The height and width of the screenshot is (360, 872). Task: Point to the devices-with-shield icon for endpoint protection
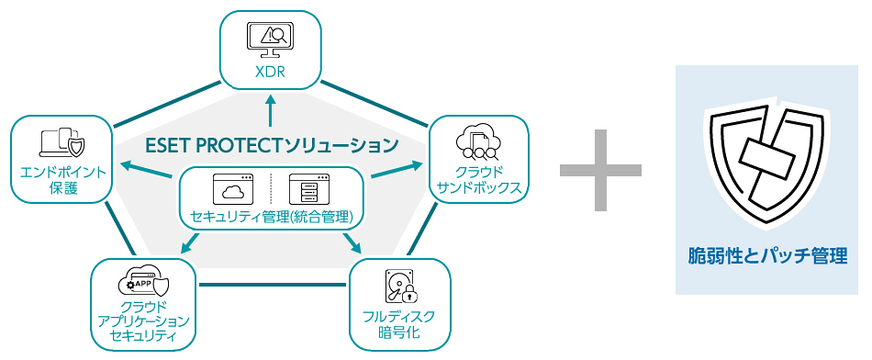62,142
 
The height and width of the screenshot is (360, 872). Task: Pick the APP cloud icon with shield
143,281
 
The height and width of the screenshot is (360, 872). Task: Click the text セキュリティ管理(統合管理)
273,217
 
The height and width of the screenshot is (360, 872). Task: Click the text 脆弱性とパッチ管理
768,256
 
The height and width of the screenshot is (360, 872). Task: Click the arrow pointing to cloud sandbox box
397,171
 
